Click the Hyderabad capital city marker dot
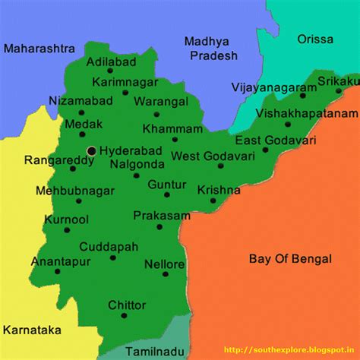92,151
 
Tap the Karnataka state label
31,330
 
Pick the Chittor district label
127,305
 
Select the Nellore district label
164,264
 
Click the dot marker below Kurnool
66,230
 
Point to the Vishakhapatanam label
307,113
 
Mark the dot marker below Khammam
174,139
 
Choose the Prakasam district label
162,216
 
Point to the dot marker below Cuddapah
112,257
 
